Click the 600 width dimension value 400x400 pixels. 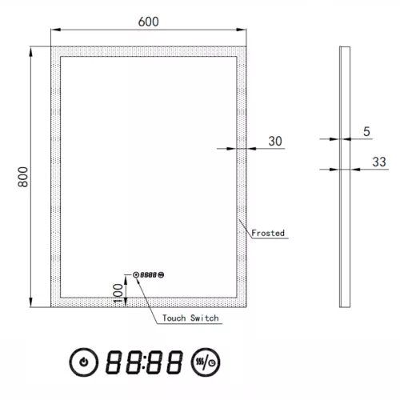point(148,22)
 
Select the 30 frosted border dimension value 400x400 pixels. point(274,141)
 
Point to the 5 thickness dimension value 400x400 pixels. point(366,131)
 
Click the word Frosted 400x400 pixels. point(268,234)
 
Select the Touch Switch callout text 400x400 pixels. point(190,318)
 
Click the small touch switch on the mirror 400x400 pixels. point(149,274)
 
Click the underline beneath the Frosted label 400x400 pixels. point(269,240)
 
